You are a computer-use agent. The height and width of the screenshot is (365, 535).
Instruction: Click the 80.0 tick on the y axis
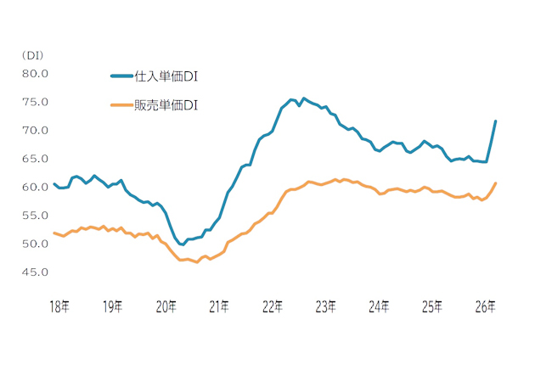(x=35, y=74)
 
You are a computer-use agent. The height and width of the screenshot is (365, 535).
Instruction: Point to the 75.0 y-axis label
(x=35, y=102)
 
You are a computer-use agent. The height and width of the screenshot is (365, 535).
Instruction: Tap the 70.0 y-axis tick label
(x=35, y=131)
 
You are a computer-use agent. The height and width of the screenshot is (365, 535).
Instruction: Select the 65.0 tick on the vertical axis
(x=35, y=159)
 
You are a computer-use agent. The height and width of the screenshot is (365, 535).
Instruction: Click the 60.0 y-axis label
(x=35, y=187)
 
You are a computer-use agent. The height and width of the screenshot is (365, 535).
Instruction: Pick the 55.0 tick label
(x=35, y=216)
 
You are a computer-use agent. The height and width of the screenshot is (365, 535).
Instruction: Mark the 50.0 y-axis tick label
(x=35, y=244)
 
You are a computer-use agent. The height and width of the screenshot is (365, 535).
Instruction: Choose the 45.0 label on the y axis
(x=35, y=272)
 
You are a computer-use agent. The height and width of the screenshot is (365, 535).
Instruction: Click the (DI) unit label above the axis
(x=33, y=56)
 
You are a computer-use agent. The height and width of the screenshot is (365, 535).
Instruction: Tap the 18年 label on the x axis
(x=59, y=306)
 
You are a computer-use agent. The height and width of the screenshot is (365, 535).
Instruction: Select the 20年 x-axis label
(x=166, y=306)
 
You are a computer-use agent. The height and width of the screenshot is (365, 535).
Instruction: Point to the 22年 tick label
(x=273, y=306)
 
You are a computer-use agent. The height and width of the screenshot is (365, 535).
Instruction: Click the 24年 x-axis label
(x=379, y=306)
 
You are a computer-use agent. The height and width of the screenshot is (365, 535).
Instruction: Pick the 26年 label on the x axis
(x=486, y=306)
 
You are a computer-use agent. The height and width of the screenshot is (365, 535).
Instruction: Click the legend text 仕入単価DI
(x=166, y=76)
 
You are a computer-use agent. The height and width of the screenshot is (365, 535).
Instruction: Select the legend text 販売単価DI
(x=166, y=105)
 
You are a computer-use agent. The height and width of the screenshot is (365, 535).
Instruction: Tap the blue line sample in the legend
(x=121, y=76)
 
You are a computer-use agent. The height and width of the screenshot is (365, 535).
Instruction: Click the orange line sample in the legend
(x=121, y=105)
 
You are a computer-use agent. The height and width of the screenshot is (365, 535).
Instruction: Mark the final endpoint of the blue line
(x=495, y=121)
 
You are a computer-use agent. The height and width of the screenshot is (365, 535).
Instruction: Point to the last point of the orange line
(x=495, y=183)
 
